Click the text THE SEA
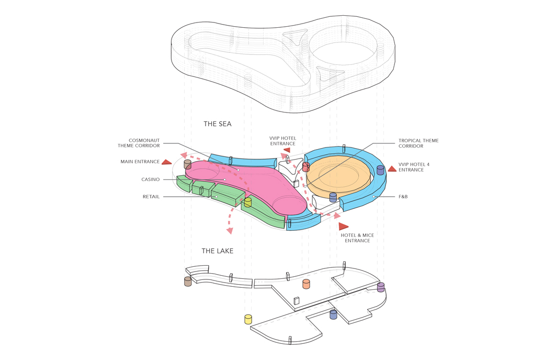point(218,125)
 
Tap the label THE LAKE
point(218,251)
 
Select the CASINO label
point(150,179)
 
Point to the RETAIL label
point(151,197)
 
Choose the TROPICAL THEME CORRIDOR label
point(418,143)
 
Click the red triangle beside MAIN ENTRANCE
point(167,162)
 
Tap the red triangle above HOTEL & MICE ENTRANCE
point(343,227)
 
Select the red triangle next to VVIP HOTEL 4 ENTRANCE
point(392,169)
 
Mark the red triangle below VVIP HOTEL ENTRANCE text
point(286,150)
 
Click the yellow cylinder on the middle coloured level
point(248,202)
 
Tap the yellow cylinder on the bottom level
point(248,319)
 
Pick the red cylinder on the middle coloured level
point(306,167)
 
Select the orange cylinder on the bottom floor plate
point(307,284)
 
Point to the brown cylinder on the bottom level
point(188,282)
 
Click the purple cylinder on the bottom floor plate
point(381,287)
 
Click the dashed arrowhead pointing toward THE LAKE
point(229,230)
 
